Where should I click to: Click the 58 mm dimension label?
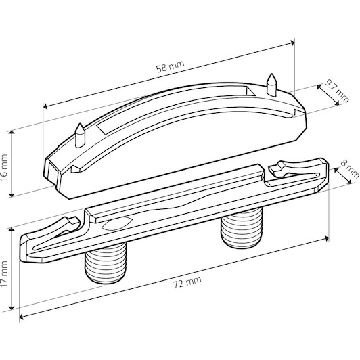(170, 66)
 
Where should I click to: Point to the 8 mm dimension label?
(351, 168)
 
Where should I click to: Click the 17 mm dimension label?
(4, 273)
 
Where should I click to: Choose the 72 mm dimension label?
(187, 282)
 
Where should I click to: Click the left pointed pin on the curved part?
(80, 135)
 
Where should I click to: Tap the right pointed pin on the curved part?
(271, 85)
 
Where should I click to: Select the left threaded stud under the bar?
(106, 264)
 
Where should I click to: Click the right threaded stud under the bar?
(242, 229)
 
